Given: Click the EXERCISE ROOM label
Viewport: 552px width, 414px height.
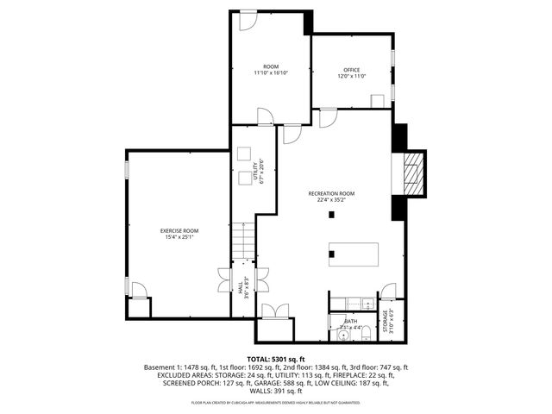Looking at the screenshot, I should coord(179,230).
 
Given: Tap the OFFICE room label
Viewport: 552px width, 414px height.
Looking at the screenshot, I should coord(352,70).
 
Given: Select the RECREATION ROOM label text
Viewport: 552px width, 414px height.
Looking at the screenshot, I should coord(332,193).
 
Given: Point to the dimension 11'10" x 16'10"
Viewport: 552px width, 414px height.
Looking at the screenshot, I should coord(271,73).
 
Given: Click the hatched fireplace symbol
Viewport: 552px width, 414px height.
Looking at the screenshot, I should coord(416,172).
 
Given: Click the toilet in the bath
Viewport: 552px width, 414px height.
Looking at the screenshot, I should coord(366,331).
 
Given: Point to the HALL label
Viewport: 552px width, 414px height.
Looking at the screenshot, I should coord(241,287).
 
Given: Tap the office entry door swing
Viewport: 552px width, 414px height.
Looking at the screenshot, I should coord(329,118).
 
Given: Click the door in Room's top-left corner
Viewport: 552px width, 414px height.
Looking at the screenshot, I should coord(248,20).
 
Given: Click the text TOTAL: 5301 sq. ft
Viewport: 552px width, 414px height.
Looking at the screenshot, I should coord(276,358).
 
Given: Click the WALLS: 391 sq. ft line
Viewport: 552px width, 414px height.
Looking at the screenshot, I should coord(276,391).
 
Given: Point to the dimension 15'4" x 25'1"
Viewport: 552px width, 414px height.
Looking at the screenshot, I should coord(179,238).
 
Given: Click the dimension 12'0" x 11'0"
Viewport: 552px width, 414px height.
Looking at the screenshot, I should coord(352,77).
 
